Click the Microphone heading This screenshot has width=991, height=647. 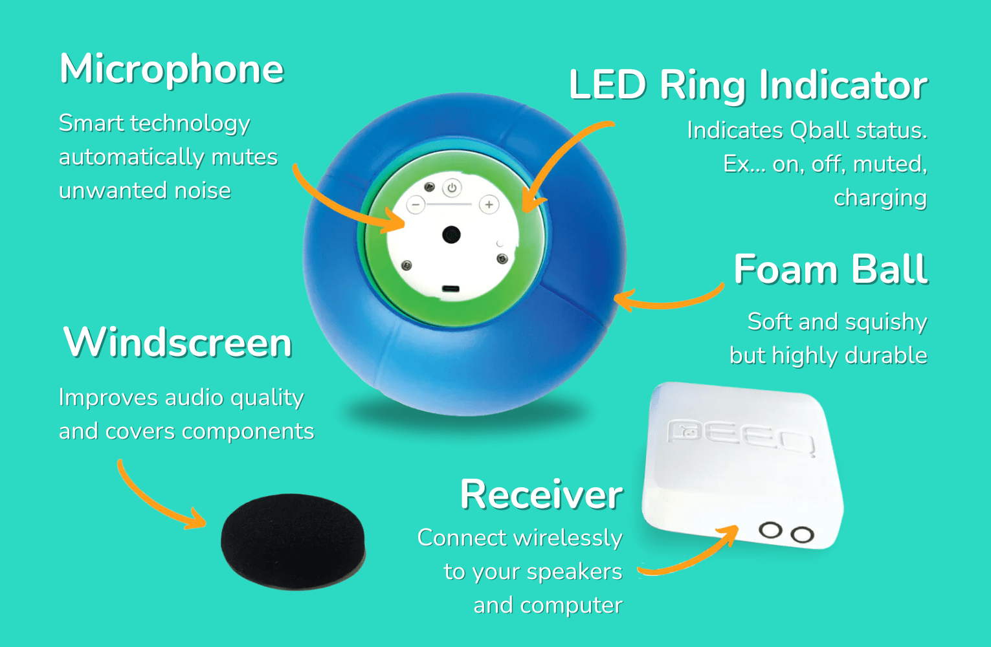point(172,69)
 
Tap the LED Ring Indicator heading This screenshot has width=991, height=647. point(748,86)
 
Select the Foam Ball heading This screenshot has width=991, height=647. point(830,269)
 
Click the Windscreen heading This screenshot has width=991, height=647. point(177,342)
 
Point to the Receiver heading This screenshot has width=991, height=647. point(541,495)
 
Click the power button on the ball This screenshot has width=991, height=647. point(452,188)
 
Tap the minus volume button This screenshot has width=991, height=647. point(416,205)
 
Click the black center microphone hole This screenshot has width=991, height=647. point(451,234)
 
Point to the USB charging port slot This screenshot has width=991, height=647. point(451,289)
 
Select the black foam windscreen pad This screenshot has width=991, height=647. point(293,541)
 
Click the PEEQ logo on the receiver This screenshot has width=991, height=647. point(740,436)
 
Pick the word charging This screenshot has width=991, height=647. point(880,198)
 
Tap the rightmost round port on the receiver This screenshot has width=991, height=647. point(803,535)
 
